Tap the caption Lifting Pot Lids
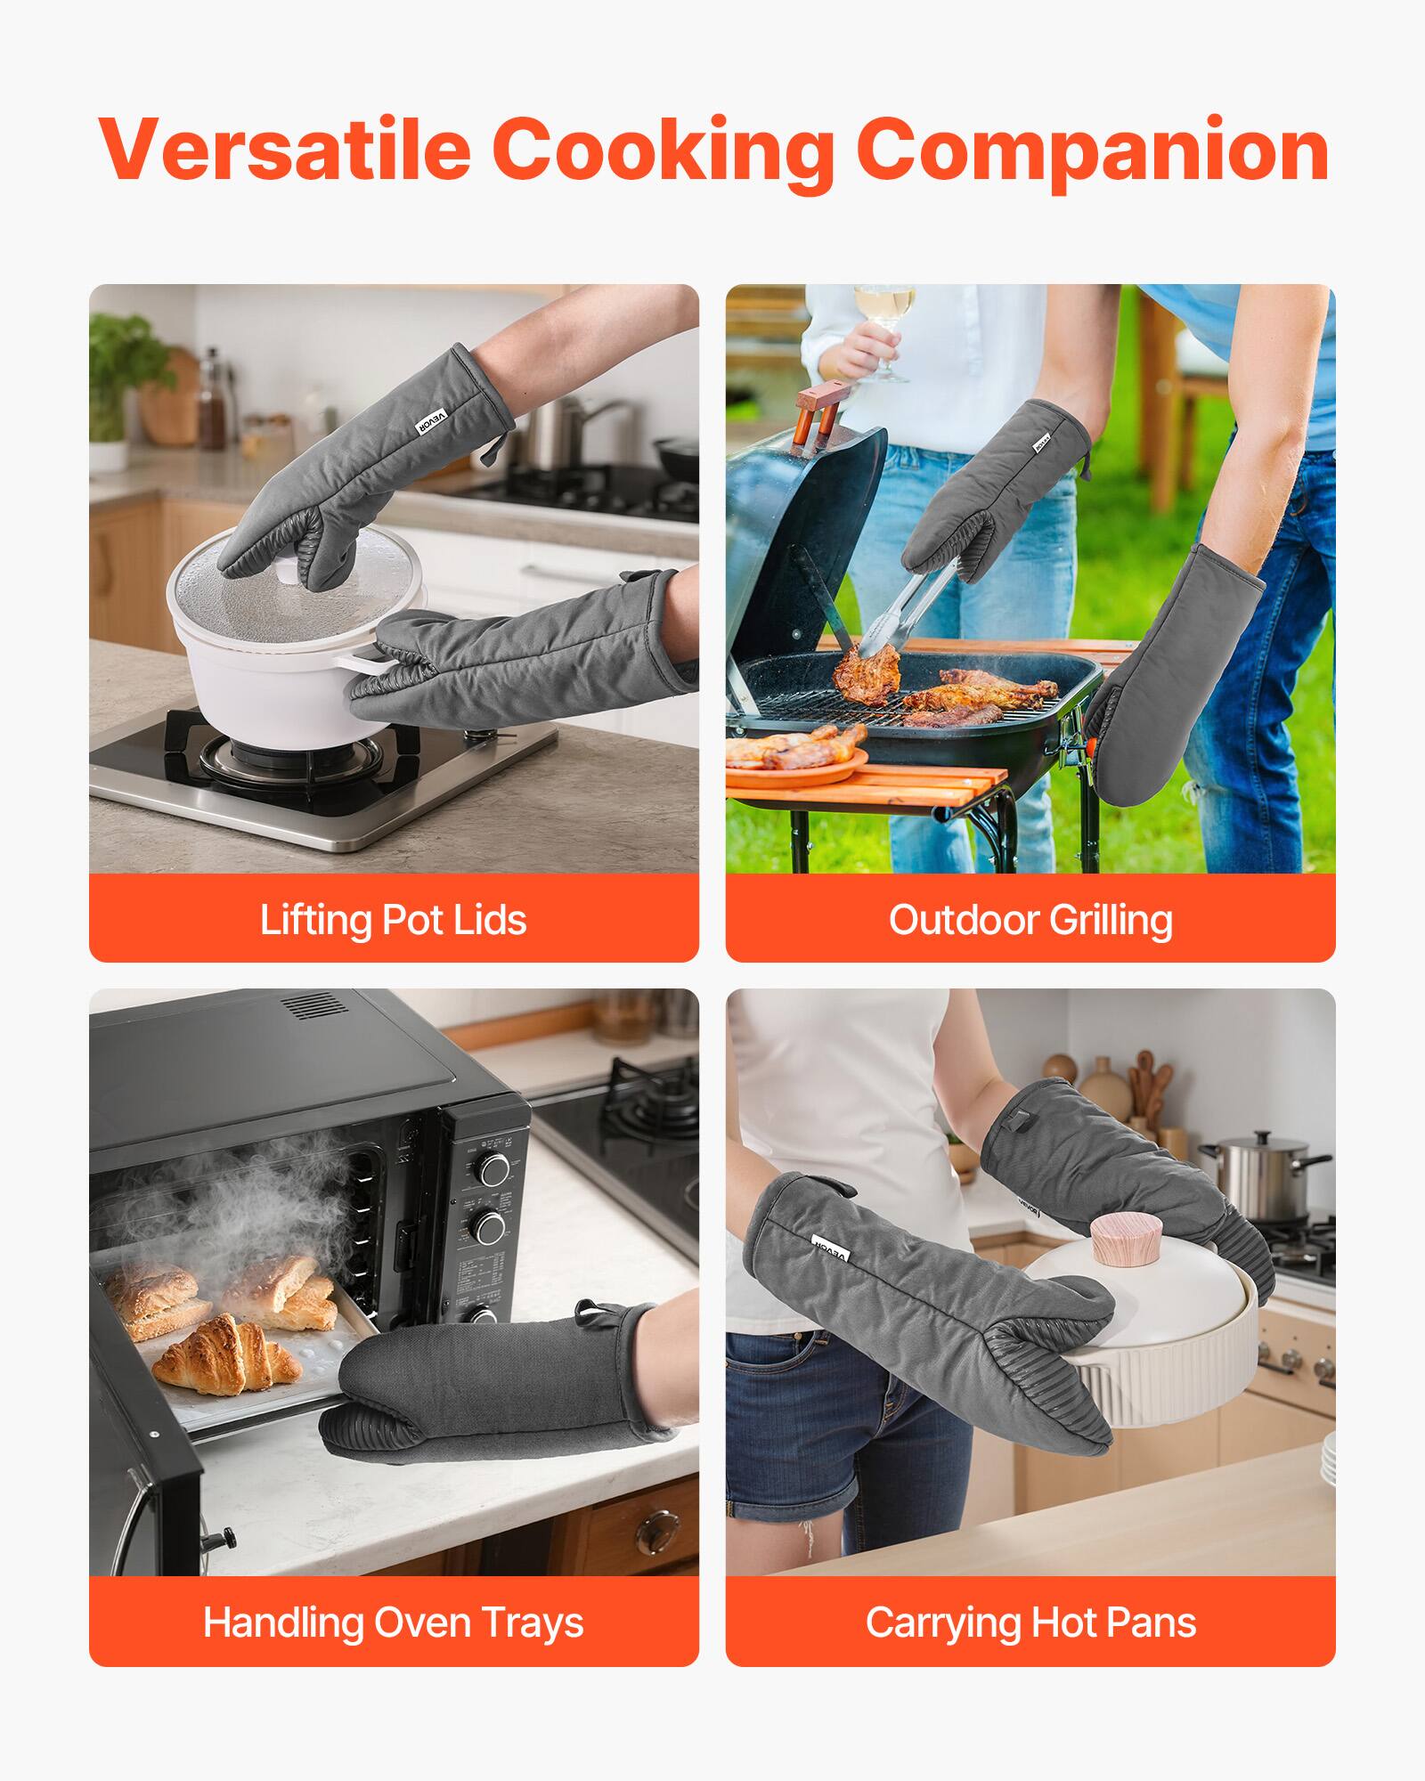click(x=393, y=919)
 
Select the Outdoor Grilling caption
click(x=1030, y=919)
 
